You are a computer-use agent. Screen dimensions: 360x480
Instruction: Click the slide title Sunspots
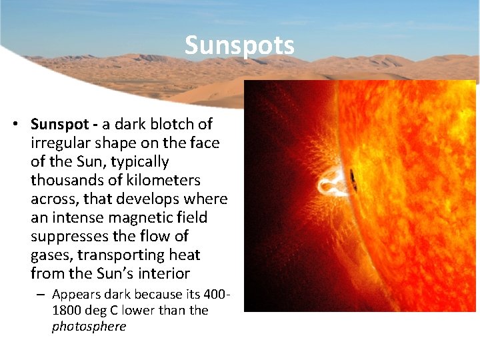point(239,45)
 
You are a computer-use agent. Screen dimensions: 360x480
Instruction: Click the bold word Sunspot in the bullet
point(61,124)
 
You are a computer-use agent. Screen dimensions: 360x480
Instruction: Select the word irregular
point(61,143)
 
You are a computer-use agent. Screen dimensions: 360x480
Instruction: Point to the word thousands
point(67,180)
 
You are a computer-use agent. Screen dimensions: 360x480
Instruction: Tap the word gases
point(51,255)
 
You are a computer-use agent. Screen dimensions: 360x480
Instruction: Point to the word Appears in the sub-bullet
point(75,294)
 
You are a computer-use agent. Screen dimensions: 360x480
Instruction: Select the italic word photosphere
point(89,327)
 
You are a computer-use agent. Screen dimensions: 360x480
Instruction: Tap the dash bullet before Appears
point(42,294)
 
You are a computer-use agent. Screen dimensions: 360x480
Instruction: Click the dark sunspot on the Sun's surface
point(353,179)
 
